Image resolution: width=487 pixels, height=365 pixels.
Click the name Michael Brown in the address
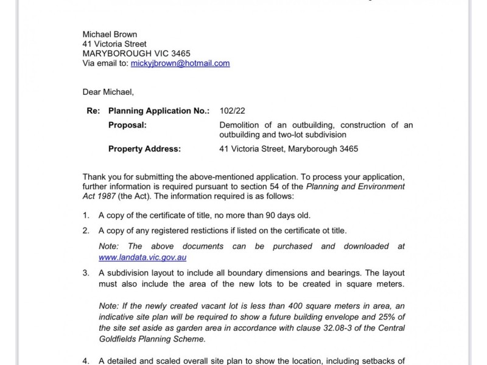[110, 34]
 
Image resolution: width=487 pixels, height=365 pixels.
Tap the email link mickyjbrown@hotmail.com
[180, 63]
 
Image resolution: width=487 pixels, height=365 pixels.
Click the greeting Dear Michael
[108, 92]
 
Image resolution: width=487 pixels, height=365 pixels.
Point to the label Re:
[93, 111]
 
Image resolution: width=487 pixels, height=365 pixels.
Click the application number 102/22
[232, 111]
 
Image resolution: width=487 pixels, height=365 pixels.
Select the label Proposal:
[127, 125]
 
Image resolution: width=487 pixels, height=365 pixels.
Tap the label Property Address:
[144, 148]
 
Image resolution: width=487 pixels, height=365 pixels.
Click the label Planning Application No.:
[158, 111]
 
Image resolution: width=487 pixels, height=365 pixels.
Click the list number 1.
[86, 215]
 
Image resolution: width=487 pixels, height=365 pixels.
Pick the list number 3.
[86, 273]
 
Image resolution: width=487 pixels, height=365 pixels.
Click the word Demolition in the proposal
[240, 125]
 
